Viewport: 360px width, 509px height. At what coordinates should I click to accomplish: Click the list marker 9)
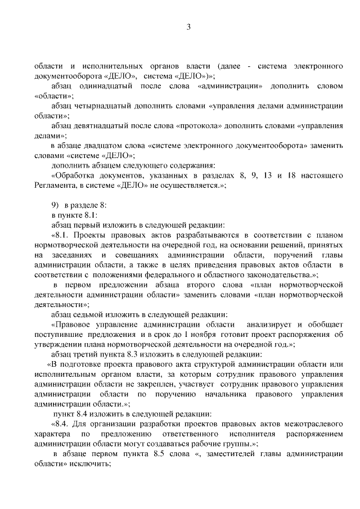coord(55,205)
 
